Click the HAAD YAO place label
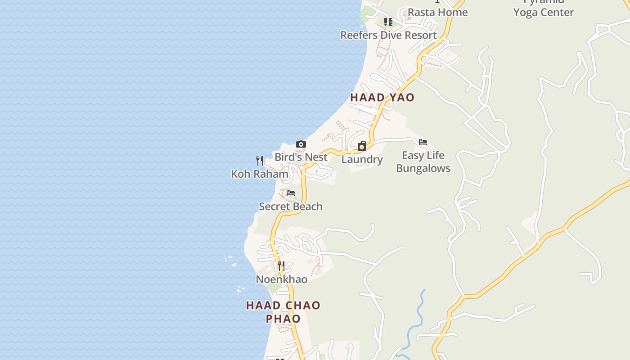pos(382,97)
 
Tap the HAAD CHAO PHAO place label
pos(283,311)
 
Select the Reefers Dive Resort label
pos(388,35)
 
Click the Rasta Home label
pos(437,12)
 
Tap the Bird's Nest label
pos(301,157)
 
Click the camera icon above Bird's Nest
pos(301,144)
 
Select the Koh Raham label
pos(260,174)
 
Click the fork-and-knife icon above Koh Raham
pos(260,160)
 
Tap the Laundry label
pos(362,159)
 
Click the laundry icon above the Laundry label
pos(361,146)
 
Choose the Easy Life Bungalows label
pos(423,162)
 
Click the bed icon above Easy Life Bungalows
pos(423,142)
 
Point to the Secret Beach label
pos(291,207)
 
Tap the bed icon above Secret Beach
pos(291,193)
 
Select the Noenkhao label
pos(281,279)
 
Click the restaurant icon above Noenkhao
pos(281,266)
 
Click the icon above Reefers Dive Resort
pos(388,22)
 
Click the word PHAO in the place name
pos(283,319)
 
